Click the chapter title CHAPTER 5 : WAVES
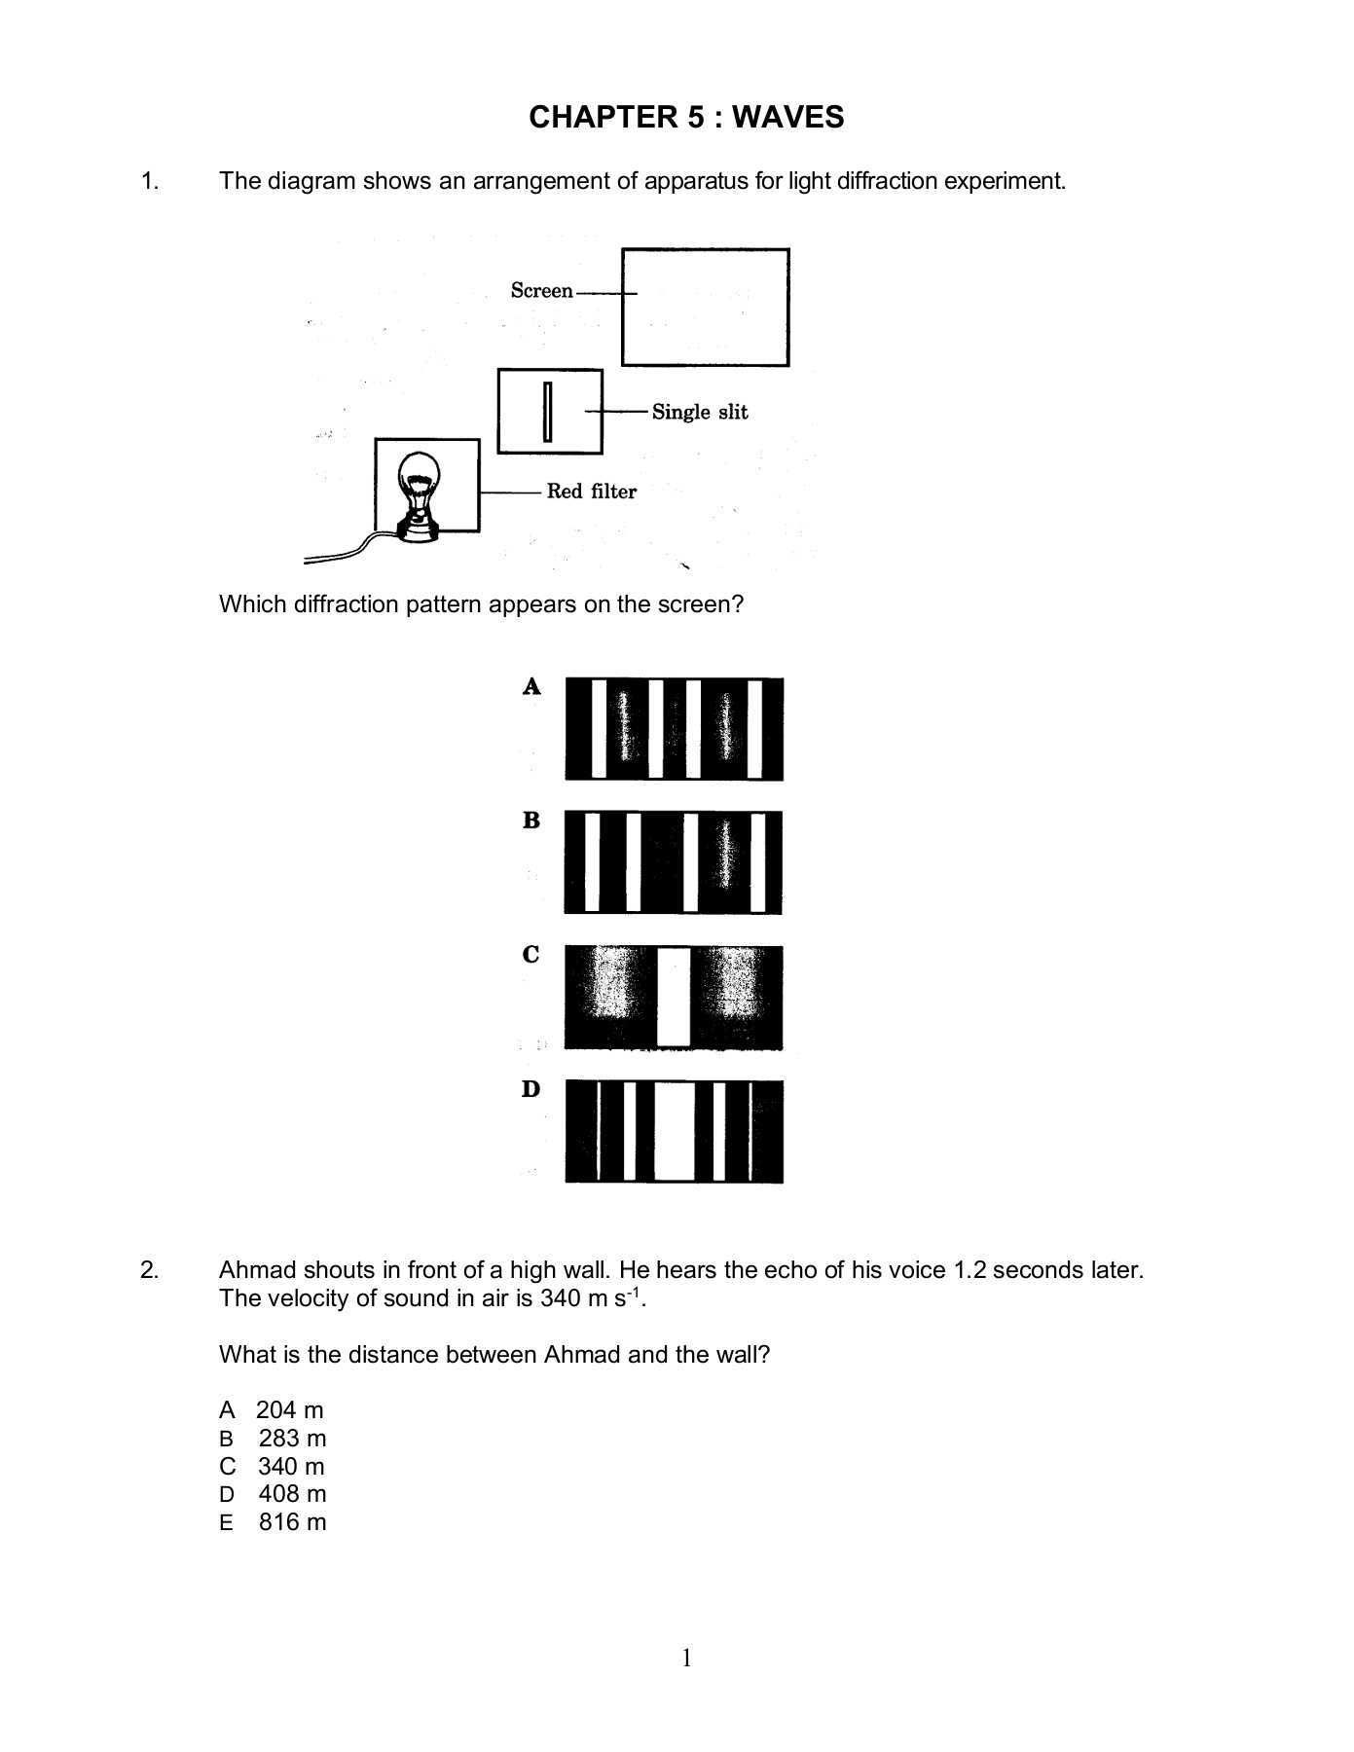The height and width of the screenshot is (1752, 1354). click(x=686, y=118)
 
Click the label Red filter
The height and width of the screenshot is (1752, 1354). click(x=591, y=492)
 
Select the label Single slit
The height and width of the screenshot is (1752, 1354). click(x=700, y=412)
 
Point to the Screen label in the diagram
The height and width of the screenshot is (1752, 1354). click(x=541, y=290)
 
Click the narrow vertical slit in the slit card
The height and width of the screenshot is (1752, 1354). click(x=548, y=412)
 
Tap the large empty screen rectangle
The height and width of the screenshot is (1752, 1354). click(x=706, y=308)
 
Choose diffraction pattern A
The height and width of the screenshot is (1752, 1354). click(x=674, y=729)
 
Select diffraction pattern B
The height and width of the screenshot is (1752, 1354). click(x=674, y=862)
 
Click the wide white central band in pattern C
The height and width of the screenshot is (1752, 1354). click(x=674, y=997)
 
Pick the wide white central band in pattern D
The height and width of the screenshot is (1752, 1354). click(x=674, y=1131)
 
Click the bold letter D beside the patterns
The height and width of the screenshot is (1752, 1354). click(x=531, y=1089)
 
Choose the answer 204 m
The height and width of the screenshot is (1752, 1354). click(x=289, y=1410)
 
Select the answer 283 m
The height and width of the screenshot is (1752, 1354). click(x=292, y=1439)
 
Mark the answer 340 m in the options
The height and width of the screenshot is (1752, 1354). click(x=291, y=1467)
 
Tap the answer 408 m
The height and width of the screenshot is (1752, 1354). click(x=292, y=1494)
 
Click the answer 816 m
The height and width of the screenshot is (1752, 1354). click(x=292, y=1522)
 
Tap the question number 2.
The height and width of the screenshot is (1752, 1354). click(x=148, y=1270)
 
